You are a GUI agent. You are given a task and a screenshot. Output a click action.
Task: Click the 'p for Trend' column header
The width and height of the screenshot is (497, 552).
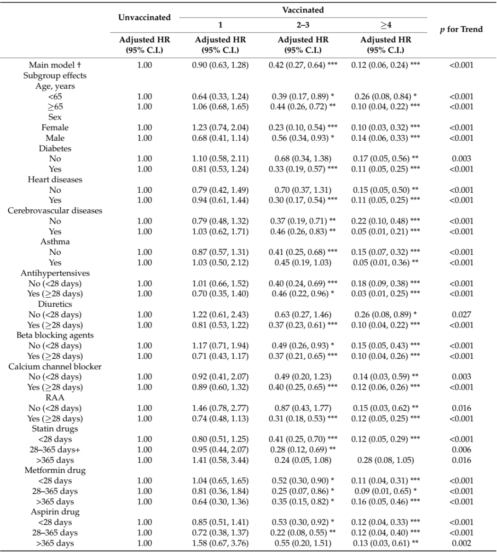click(x=461, y=29)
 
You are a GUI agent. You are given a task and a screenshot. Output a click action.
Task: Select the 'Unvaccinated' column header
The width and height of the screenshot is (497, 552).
click(x=144, y=17)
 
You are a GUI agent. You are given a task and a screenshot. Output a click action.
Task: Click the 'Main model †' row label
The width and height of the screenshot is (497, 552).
click(x=55, y=65)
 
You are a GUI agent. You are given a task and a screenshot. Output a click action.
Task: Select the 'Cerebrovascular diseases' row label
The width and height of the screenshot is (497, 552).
click(x=55, y=211)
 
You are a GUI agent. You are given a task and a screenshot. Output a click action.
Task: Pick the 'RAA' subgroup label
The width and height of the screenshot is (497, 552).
click(x=55, y=397)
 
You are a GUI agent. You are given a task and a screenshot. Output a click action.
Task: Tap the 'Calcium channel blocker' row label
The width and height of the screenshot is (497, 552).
click(x=55, y=367)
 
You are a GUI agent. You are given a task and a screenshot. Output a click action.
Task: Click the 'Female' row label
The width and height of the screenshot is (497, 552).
click(x=55, y=127)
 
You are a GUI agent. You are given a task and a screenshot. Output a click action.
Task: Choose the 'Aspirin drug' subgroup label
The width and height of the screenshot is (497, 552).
click(x=55, y=512)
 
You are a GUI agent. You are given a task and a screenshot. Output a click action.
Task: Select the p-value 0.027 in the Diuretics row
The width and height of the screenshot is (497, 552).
click(x=461, y=315)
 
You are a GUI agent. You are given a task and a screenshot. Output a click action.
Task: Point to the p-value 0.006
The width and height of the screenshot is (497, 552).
click(x=461, y=449)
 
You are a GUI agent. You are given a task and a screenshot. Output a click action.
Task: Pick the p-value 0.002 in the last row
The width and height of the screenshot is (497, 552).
click(x=461, y=543)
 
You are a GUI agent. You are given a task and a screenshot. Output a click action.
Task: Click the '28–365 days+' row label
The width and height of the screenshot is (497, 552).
click(x=55, y=449)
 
